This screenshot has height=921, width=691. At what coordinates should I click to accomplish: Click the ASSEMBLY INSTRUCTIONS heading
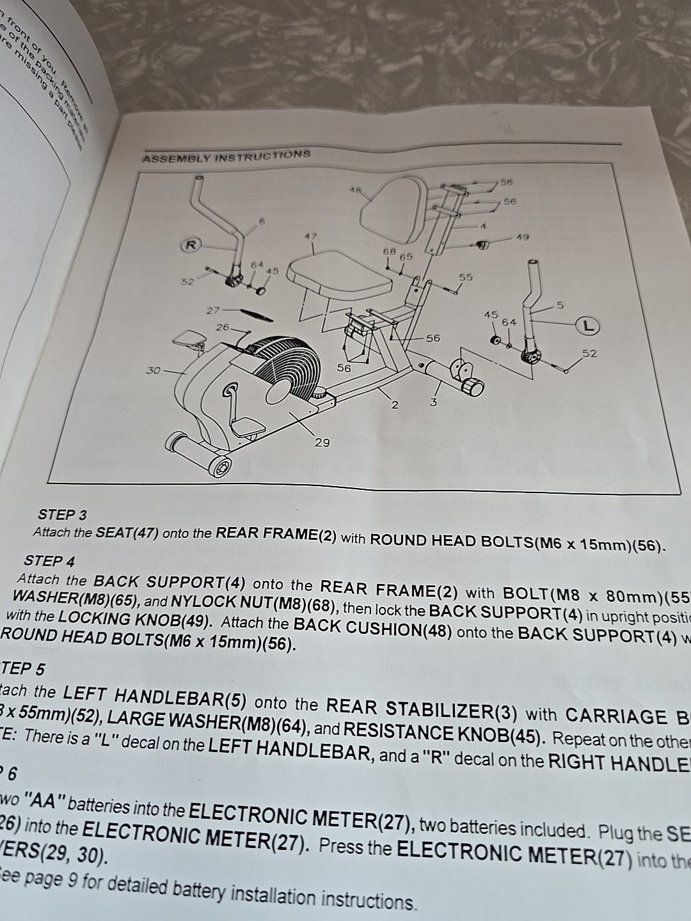[x=226, y=156]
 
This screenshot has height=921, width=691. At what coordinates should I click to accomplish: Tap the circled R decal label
[x=190, y=244]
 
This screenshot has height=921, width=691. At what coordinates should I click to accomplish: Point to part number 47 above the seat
[x=311, y=237]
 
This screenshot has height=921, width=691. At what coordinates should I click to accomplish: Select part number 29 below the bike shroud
[x=322, y=442]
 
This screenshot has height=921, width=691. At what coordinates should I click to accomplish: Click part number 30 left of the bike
[x=153, y=370]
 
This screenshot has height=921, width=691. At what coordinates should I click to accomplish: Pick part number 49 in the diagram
[x=522, y=237]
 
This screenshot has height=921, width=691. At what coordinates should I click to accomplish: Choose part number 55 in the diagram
[x=466, y=277]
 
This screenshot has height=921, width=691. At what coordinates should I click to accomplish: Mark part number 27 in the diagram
[x=213, y=310]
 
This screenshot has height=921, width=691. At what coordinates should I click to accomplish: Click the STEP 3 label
[x=63, y=514]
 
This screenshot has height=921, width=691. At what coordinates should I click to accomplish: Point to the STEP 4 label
[x=49, y=561]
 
